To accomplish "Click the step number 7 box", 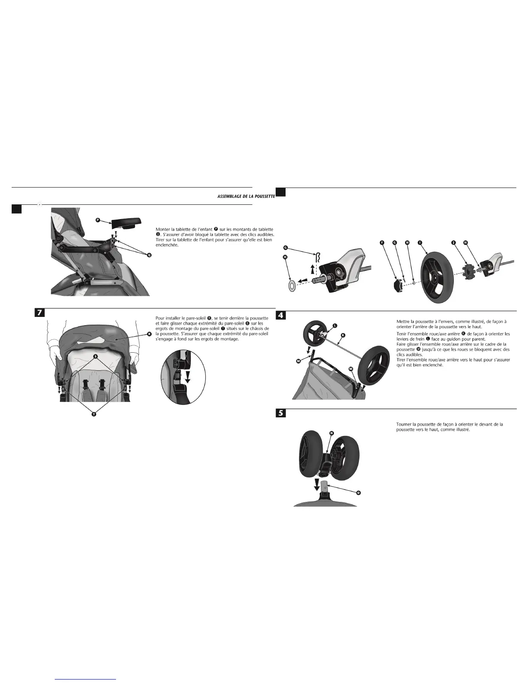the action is (x=39, y=313).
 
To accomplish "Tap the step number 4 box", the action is (x=280, y=316).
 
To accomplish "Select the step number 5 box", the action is (x=280, y=413).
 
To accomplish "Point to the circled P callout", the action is (x=97, y=220).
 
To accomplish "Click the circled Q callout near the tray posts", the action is (x=149, y=255).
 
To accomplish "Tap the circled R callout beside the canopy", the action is (x=149, y=334).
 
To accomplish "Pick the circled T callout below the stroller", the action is (x=94, y=414).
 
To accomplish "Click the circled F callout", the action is (x=382, y=243).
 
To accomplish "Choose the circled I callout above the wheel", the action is (x=420, y=243).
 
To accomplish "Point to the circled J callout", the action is (x=453, y=243).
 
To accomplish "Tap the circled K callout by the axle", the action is (x=343, y=335).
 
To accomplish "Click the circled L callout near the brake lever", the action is (x=335, y=326).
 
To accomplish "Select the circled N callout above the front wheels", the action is (x=332, y=432).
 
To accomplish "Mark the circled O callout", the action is (x=358, y=492).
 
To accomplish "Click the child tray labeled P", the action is (x=126, y=223).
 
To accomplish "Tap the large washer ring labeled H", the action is (x=291, y=284).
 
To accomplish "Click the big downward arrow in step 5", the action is (x=317, y=484).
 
